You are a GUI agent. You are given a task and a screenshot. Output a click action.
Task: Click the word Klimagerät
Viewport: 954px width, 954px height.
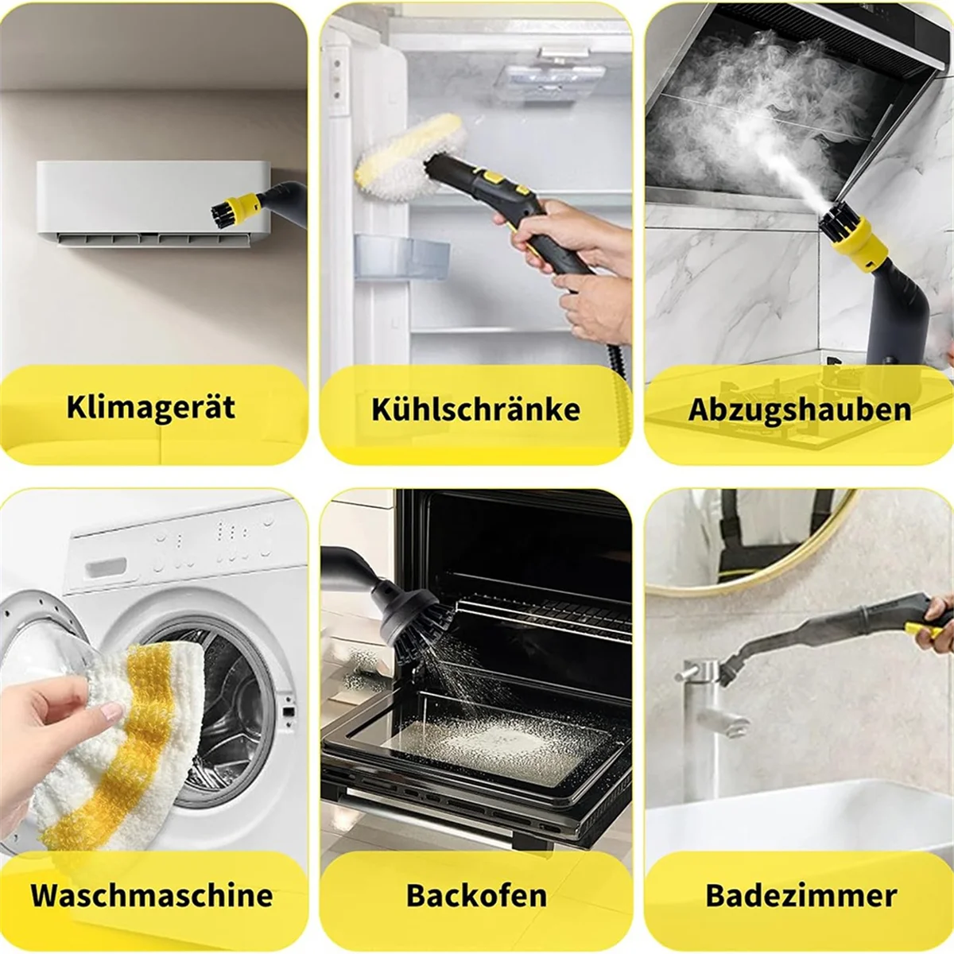(151, 407)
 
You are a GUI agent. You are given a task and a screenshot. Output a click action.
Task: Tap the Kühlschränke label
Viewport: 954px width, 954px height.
(475, 409)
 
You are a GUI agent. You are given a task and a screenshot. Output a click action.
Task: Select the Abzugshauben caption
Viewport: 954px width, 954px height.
(799, 409)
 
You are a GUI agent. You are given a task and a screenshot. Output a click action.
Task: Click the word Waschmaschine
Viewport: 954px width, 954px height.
(152, 895)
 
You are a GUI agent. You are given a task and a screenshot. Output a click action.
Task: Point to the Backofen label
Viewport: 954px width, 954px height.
(476, 895)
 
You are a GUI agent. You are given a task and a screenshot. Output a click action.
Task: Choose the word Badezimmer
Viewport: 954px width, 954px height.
(801, 895)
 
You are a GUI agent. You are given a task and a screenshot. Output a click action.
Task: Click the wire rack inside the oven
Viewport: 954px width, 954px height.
(549, 612)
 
